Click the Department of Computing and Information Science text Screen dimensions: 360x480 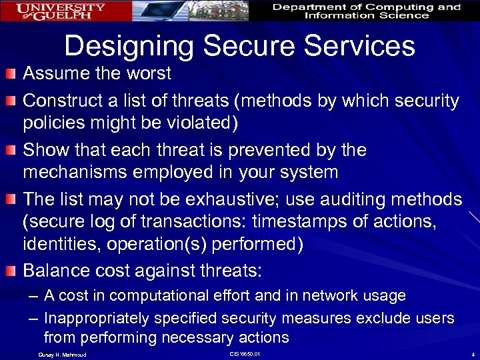[x=367, y=11]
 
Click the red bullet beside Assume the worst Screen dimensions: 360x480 [x=11, y=73]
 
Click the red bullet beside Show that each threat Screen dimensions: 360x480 [x=11, y=150]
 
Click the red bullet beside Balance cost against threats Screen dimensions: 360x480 [x=11, y=271]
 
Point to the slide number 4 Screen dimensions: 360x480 [x=471, y=354]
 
